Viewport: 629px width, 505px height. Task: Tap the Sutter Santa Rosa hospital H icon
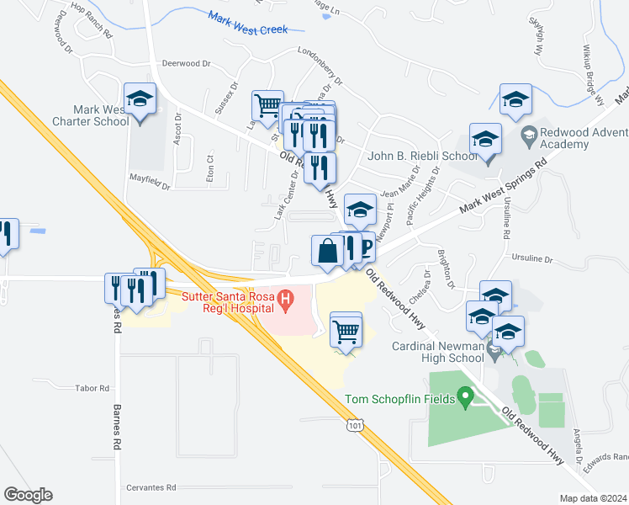286,298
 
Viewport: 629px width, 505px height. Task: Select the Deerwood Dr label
186,63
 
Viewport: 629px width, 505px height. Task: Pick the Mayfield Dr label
151,182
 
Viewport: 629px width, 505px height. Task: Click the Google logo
28,495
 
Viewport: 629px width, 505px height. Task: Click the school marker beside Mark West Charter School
140,100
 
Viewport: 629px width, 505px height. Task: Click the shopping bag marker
326,250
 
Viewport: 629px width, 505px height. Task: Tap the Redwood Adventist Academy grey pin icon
530,134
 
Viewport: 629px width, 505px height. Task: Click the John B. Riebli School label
423,157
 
